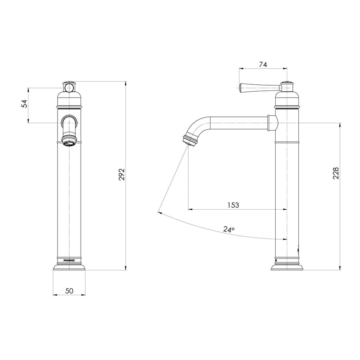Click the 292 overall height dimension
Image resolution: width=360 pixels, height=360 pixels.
coord(122,174)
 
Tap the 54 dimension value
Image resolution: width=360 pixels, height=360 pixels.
coord(24,104)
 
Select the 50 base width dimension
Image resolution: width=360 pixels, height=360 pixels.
coord(69,291)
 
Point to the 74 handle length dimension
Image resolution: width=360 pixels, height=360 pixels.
coord(263,65)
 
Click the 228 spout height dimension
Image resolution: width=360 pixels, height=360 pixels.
coord(336,173)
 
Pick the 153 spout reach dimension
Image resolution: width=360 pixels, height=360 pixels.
coord(233,205)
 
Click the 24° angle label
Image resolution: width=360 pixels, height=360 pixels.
coord(229,229)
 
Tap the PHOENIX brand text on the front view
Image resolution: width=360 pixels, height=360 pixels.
coord(69,260)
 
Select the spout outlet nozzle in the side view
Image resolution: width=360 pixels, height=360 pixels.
coord(190,140)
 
